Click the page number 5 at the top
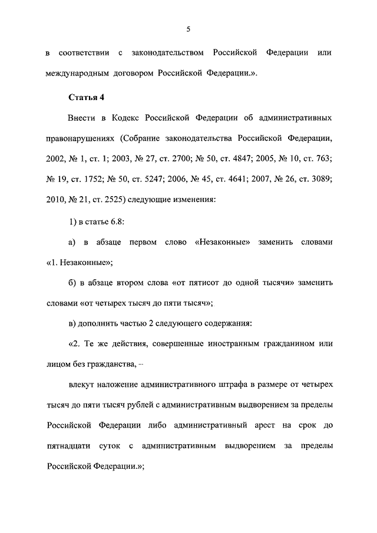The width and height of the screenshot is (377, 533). point(188,25)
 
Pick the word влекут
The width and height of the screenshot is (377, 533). point(82,384)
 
